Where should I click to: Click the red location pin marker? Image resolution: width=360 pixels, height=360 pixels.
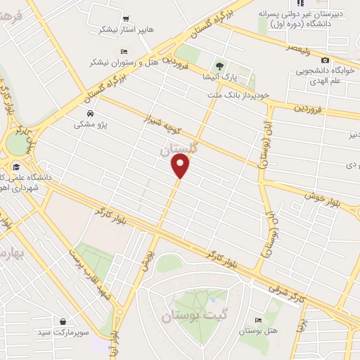[181, 166]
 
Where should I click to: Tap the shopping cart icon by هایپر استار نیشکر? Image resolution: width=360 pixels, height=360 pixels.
[126, 19]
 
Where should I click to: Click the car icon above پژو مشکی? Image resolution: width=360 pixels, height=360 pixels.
[90, 113]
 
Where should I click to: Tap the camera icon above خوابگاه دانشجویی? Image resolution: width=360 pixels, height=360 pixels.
[324, 60]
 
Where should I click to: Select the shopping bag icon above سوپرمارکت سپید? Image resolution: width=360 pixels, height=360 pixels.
[64, 321]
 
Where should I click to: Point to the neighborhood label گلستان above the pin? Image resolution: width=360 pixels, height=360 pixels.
[180, 149]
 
